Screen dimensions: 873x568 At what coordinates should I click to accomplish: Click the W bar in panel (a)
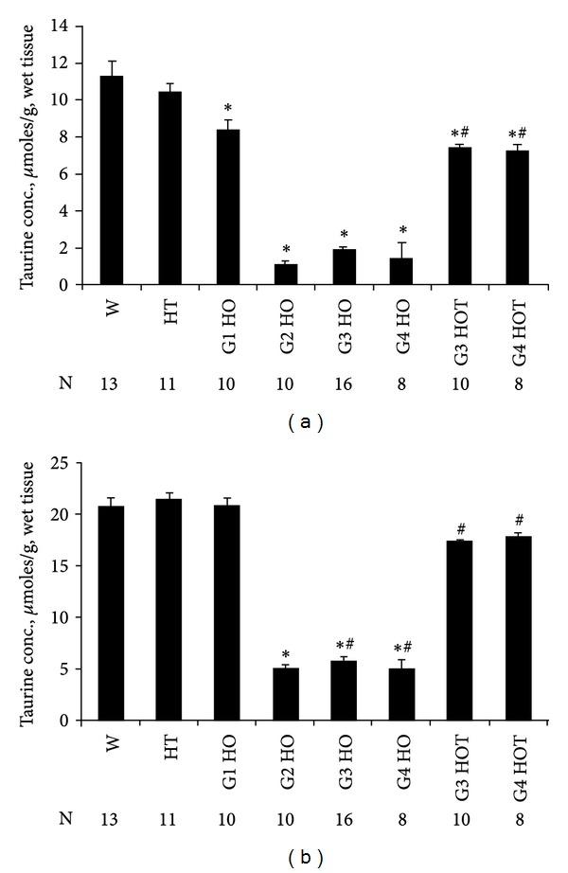pyautogui.click(x=113, y=180)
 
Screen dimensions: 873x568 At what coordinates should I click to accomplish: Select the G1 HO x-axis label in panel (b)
pyautogui.click(x=228, y=755)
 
